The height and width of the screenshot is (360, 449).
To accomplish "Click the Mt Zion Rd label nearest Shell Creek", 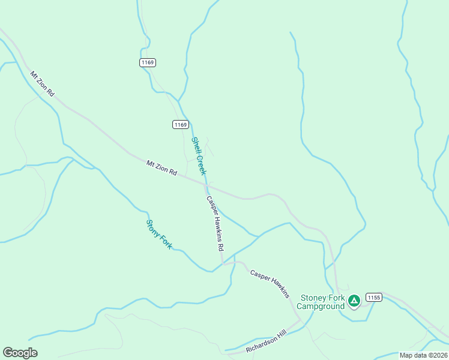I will pos(162,167).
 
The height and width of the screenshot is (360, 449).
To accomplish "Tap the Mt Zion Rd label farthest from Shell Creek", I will pos(42,84).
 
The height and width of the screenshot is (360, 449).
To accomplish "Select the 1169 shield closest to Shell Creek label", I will pos(181,124).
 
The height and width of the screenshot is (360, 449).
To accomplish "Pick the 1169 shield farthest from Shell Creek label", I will pos(148,62).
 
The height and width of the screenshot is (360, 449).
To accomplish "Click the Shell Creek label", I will pos(199,156).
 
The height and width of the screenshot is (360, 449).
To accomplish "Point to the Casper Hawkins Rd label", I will pos(215,223).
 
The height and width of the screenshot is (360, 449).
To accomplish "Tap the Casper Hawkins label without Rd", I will pos(270,283).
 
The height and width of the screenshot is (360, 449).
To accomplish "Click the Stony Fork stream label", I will pos(159,235).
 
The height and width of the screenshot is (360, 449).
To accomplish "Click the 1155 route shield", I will pos(374,298).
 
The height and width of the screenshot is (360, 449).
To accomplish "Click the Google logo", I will pos(20,353).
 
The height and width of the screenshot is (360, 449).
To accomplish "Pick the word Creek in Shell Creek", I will pos(202,164).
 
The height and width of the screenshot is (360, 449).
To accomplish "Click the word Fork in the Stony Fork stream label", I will pos(164,241).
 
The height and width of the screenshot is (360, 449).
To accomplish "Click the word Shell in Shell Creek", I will pos(195,145).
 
